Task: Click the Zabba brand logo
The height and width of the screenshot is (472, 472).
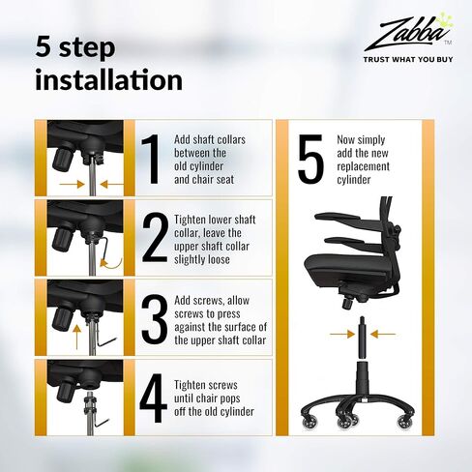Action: tap(408, 32)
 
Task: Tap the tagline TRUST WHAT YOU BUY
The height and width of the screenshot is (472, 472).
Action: tap(408, 59)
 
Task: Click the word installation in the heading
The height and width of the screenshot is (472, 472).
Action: tap(108, 79)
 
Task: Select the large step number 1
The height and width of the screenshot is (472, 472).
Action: tap(152, 160)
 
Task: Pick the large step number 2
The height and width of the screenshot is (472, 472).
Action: tap(155, 237)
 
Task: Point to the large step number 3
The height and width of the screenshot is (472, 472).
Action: tap(155, 319)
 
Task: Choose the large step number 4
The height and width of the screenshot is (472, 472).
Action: tap(154, 398)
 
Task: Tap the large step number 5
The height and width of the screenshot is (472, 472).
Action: tap(310, 159)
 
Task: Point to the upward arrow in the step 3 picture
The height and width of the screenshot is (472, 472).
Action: tap(76, 338)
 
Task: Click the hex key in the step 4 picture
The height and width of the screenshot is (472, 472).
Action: tap(103, 423)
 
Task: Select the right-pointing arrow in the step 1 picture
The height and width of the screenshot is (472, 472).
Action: tap(73, 184)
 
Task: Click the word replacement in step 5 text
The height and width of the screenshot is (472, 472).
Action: tap(363, 166)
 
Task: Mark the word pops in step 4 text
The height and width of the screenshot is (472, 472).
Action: tap(228, 398)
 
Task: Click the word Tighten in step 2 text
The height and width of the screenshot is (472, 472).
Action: tap(190, 220)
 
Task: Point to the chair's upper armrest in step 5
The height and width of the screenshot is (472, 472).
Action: tap(342, 220)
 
